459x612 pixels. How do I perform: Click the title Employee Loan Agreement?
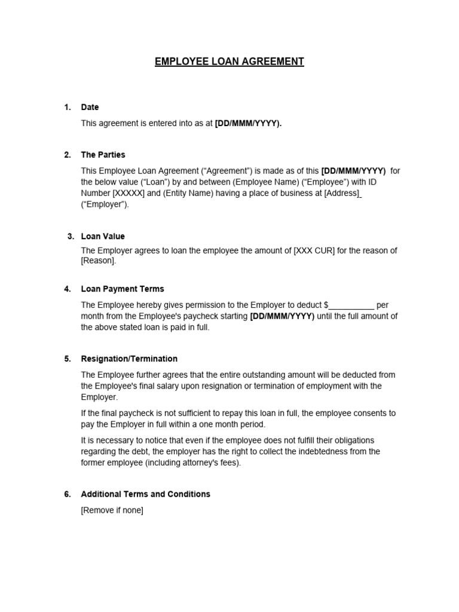tap(229, 62)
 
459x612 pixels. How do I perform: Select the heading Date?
tap(90, 108)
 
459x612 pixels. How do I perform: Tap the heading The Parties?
tap(103, 155)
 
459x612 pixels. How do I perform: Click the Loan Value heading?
tap(103, 236)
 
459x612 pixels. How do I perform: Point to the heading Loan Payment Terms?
tap(122, 289)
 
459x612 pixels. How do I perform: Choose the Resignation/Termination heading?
tap(129, 359)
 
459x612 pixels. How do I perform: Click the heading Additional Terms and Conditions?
tap(145, 494)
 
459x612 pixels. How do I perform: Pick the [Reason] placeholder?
tap(99, 261)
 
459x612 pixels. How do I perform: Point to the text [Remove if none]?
tap(112, 510)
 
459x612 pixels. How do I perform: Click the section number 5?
tap(67, 359)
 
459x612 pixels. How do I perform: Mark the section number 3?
tap(71, 236)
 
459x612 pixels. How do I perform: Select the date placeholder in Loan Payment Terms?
tap(282, 317)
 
